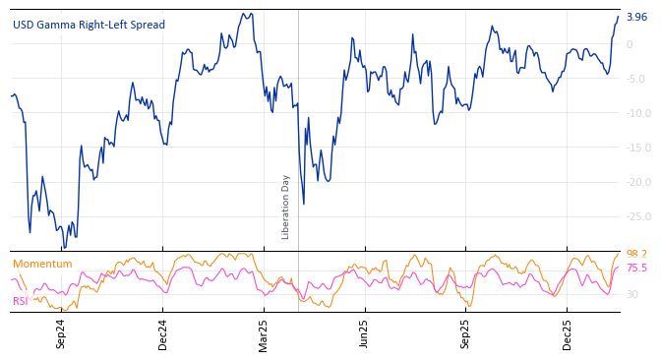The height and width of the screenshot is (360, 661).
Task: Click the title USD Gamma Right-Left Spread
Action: pyautogui.click(x=89, y=25)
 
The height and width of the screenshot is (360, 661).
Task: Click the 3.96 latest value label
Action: pyautogui.click(x=636, y=17)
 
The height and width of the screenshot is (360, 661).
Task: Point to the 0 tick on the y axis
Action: pyautogui.click(x=630, y=44)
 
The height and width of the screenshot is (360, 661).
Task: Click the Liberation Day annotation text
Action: pyautogui.click(x=286, y=207)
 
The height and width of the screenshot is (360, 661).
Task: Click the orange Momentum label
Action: pyautogui.click(x=42, y=264)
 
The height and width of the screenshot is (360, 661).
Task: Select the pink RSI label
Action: pyautogui.click(x=21, y=301)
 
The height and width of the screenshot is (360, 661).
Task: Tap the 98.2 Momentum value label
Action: pyautogui.click(x=636, y=254)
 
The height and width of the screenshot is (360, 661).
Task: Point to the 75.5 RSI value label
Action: pyautogui.click(x=636, y=268)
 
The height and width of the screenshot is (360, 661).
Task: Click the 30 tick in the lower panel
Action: pyautogui.click(x=632, y=294)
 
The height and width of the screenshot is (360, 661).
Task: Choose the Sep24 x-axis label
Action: pyautogui.click(x=61, y=332)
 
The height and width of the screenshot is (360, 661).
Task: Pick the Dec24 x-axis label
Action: pyautogui.click(x=163, y=332)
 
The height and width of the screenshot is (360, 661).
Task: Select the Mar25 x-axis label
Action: pyautogui.click(x=264, y=332)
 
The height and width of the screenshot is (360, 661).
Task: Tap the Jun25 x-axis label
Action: pyautogui.click(x=364, y=332)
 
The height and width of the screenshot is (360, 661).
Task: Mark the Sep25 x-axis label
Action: pyautogui.click(x=466, y=332)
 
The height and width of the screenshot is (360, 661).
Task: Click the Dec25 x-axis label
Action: pyautogui.click(x=568, y=332)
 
